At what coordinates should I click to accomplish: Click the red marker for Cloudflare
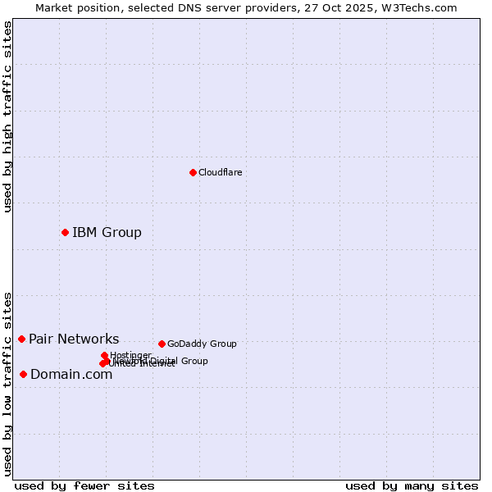tap(193, 172)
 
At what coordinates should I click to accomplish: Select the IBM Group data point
tap(65, 232)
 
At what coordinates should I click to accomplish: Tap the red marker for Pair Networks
tap(21, 339)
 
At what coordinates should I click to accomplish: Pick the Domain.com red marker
tap(23, 374)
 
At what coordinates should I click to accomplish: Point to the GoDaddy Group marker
tap(162, 344)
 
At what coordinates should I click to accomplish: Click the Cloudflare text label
tap(220, 172)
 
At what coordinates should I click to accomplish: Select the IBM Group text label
tap(107, 232)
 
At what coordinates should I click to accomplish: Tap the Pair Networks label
tap(74, 339)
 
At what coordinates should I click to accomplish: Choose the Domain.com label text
tap(71, 375)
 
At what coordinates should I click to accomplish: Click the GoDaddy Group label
tap(202, 344)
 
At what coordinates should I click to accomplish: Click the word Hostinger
tap(130, 355)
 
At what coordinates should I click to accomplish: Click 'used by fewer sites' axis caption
tap(84, 485)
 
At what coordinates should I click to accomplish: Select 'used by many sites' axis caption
tap(412, 485)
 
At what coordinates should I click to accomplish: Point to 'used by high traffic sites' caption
tap(7, 116)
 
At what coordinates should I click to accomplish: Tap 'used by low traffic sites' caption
tap(7, 384)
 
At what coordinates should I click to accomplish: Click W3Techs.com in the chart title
tap(424, 7)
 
